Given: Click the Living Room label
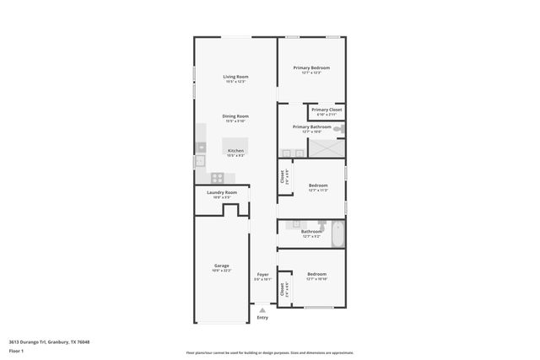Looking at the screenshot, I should pyautogui.click(x=235, y=77).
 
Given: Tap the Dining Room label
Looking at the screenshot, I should pyautogui.click(x=235, y=116).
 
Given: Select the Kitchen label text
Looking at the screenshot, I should pyautogui.click(x=235, y=151).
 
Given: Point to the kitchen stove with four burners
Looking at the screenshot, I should pyautogui.click(x=217, y=177).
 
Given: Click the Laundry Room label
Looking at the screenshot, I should pyautogui.click(x=222, y=192).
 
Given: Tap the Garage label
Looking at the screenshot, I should pyautogui.click(x=221, y=266).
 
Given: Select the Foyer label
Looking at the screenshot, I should pyautogui.click(x=262, y=274).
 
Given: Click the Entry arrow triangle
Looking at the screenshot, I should pyautogui.click(x=262, y=310).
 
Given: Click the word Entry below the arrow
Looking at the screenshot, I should pyautogui.click(x=262, y=318).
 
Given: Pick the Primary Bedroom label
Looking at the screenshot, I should pyautogui.click(x=311, y=67).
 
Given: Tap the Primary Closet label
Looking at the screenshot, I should pyautogui.click(x=326, y=110).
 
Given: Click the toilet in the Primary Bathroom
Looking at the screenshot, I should pyautogui.click(x=338, y=129).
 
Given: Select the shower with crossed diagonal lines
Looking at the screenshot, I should pyautogui.click(x=327, y=148).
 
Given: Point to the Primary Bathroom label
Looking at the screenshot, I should pyautogui.click(x=311, y=127).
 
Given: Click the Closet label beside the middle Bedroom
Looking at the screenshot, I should pyautogui.click(x=283, y=178).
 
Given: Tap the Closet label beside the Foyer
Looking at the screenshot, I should pyautogui.click(x=283, y=290).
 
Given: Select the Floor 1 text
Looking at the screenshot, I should pyautogui.click(x=16, y=350).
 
